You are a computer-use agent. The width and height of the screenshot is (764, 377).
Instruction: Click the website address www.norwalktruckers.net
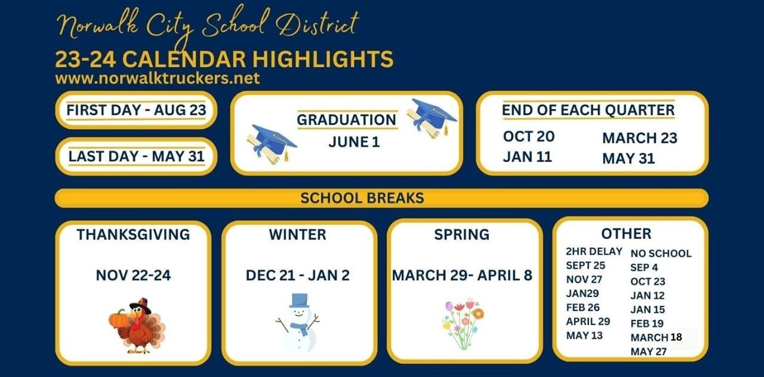coord(158,78)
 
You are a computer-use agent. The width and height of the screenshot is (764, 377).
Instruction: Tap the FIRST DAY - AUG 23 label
coord(137,110)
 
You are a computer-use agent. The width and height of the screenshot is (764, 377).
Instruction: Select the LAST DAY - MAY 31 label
coord(137,157)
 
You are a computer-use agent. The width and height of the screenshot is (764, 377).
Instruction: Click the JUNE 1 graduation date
coord(354,142)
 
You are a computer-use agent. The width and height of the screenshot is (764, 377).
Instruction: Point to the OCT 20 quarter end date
coord(529,136)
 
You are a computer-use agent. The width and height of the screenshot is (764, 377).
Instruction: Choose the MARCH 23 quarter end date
coord(640,138)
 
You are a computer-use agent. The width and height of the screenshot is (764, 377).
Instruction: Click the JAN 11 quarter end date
coord(527,157)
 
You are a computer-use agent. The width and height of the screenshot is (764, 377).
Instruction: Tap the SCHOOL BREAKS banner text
coord(362,198)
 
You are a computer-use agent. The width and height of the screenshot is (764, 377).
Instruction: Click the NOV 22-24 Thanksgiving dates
coord(133,275)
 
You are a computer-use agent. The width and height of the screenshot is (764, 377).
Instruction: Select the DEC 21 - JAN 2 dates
coord(298,275)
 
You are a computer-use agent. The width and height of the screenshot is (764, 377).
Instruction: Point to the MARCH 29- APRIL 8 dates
coord(462,275)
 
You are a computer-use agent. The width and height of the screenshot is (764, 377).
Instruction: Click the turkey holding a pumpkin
coord(137,326)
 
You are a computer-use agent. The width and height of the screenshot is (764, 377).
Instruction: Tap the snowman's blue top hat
coord(300,301)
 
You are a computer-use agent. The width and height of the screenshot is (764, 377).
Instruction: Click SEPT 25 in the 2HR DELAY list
coord(586,265)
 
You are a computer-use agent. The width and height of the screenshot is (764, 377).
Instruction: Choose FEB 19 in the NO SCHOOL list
coord(647,323)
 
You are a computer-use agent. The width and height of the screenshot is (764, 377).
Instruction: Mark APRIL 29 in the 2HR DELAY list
coord(588,321)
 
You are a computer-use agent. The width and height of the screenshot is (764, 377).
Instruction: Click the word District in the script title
coord(317,23)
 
